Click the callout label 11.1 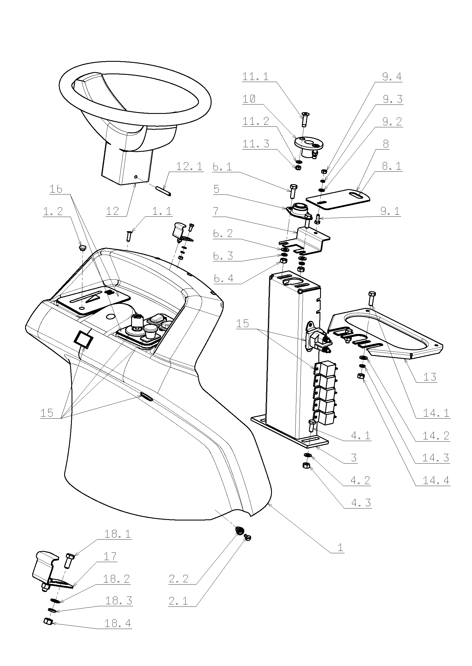tap(255, 77)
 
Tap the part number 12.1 tap(190, 166)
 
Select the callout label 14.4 tap(436, 480)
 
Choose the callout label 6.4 tap(223, 278)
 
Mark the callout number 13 tap(430, 377)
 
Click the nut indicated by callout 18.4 tap(48, 622)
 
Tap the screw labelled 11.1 tap(304, 119)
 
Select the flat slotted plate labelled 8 tap(337, 199)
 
